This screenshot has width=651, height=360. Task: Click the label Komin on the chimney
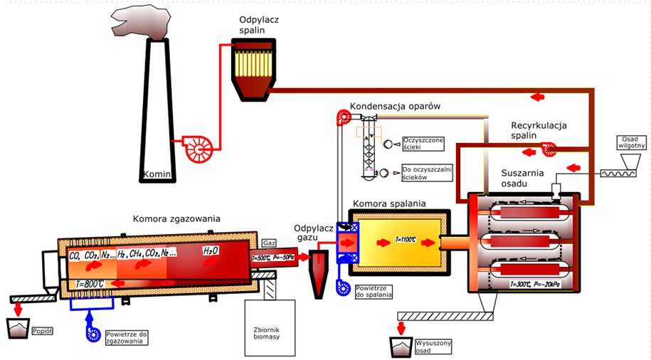pyautogui.click(x=156, y=174)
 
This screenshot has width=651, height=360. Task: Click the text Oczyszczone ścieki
pyautogui.click(x=423, y=143)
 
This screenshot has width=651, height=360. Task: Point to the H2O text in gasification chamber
pyautogui.click(x=211, y=251)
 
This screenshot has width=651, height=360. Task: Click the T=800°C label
pyautogui.click(x=90, y=284)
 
